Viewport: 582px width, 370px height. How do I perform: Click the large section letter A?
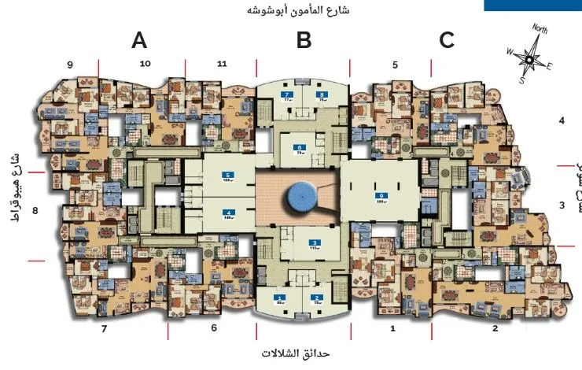[139, 40]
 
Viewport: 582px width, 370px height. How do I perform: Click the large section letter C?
[447, 40]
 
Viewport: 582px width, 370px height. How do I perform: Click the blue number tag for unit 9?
[381, 195]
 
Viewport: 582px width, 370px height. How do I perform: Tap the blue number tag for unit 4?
[228, 212]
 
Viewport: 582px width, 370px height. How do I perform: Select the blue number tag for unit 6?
[299, 147]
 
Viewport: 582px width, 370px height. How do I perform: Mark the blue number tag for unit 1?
[280, 297]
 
